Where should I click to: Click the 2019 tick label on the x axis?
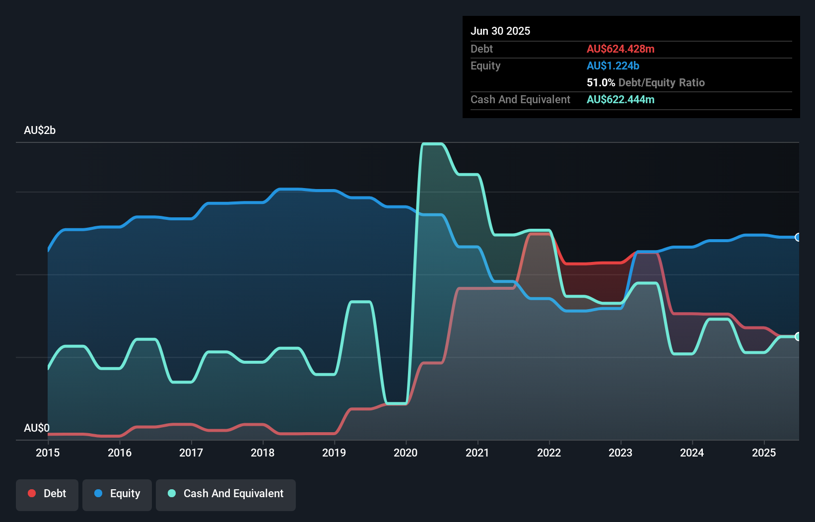(334, 453)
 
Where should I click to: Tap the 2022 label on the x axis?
(548, 453)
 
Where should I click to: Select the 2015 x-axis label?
(48, 453)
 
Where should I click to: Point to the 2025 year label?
(763, 453)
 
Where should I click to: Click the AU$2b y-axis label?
(40, 130)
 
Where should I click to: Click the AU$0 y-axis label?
(37, 428)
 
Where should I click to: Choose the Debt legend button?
(47, 494)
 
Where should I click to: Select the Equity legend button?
(117, 494)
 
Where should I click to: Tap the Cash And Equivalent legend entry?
(226, 494)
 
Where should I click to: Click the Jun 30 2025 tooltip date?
(500, 31)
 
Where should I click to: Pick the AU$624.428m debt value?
(620, 49)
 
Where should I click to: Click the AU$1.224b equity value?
(613, 65)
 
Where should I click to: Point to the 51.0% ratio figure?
(601, 82)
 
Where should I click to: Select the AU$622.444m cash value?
(620, 99)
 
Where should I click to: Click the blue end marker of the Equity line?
(798, 237)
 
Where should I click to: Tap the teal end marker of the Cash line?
(798, 336)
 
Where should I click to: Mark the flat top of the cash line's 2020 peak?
(432, 144)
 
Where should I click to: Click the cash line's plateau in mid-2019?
(360, 301)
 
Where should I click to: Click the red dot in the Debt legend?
(32, 493)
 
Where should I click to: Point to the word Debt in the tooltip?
(481, 49)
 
